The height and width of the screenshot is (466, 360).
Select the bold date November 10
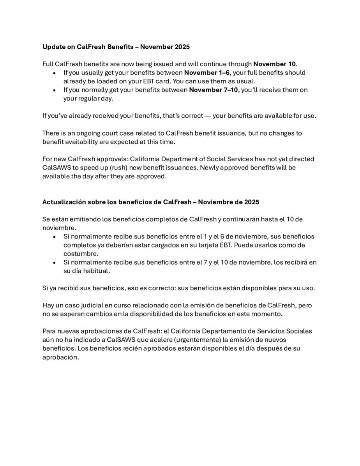tap(275, 64)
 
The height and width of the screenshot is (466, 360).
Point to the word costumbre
tap(81, 254)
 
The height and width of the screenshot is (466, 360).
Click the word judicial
tap(88, 305)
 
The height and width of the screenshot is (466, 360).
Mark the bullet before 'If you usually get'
tap(54, 73)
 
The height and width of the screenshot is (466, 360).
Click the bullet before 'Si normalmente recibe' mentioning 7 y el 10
tap(54, 263)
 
